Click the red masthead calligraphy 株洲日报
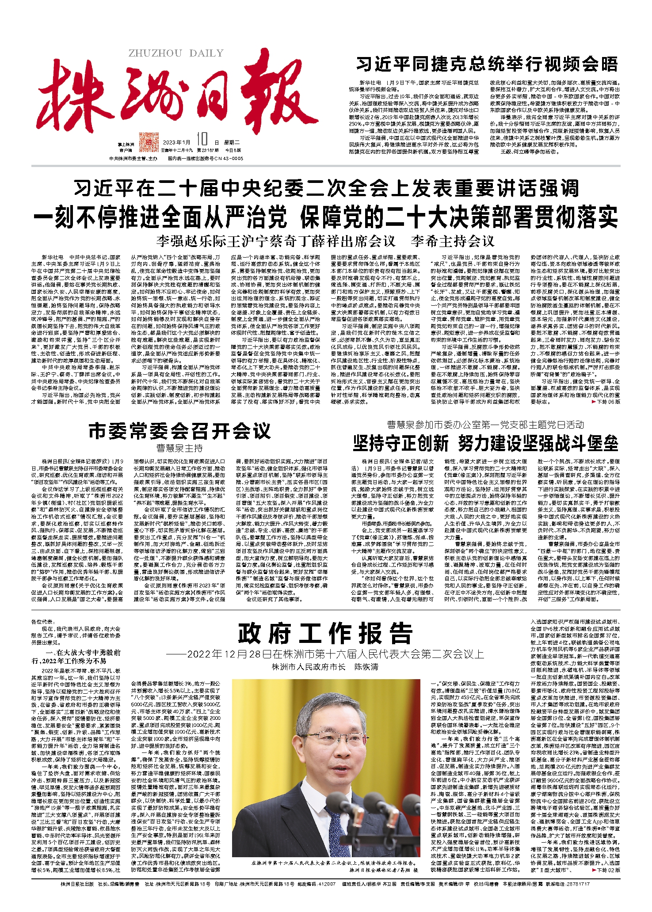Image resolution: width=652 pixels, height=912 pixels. pyautogui.click(x=177, y=95)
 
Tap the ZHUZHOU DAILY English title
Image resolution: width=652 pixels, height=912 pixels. pyautogui.click(x=176, y=53)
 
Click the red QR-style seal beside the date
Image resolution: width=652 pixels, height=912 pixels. pyautogui.click(x=149, y=142)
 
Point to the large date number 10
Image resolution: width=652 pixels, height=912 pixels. pyautogui.click(x=202, y=140)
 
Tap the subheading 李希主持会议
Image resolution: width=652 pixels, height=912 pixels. pyautogui.click(x=452, y=241)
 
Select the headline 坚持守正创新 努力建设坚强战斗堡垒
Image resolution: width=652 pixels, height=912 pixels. pyautogui.click(x=485, y=443)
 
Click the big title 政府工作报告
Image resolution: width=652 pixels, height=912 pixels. pyautogui.click(x=325, y=634)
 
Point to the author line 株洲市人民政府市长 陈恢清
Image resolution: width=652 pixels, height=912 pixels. pyautogui.click(x=325, y=667)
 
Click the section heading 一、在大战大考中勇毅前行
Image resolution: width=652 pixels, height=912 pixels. pyautogui.click(x=76, y=656)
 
